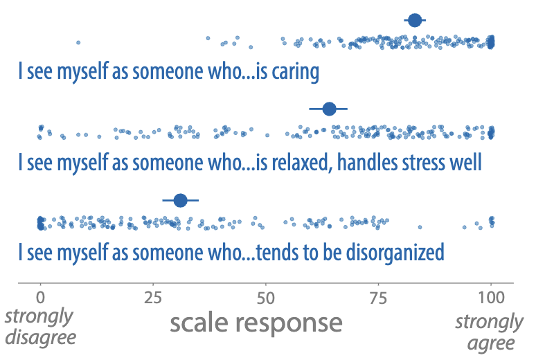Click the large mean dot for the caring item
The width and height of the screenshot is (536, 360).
[415, 20]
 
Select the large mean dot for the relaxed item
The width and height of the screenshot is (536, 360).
[329, 109]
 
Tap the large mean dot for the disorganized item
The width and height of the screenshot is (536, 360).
[181, 200]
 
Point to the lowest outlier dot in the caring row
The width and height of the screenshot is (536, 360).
[78, 42]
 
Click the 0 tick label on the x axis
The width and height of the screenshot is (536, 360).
[40, 298]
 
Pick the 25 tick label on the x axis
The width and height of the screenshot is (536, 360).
[153, 298]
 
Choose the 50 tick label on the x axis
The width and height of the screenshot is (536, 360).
[266, 298]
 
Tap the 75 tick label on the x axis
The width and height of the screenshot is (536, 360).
[378, 298]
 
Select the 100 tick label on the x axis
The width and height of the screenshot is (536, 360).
[491, 298]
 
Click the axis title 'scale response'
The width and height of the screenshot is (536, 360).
[256, 323]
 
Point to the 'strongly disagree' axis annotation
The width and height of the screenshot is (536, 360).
[40, 327]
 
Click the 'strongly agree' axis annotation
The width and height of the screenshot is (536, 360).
[489, 332]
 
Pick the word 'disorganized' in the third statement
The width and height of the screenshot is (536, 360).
[395, 253]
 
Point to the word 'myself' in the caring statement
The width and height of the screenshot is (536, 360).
[82, 72]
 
